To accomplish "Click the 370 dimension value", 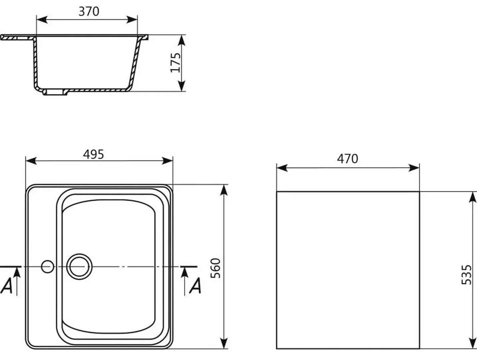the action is point(89,12).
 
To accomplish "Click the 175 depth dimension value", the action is point(175,63).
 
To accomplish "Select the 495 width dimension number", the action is point(94,154).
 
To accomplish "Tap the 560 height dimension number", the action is point(216,268).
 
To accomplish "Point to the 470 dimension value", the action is point(347,159).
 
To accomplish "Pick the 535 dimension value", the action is point(466,275).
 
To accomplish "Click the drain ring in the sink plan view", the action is point(79,267).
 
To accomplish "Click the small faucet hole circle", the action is point(47,267).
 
